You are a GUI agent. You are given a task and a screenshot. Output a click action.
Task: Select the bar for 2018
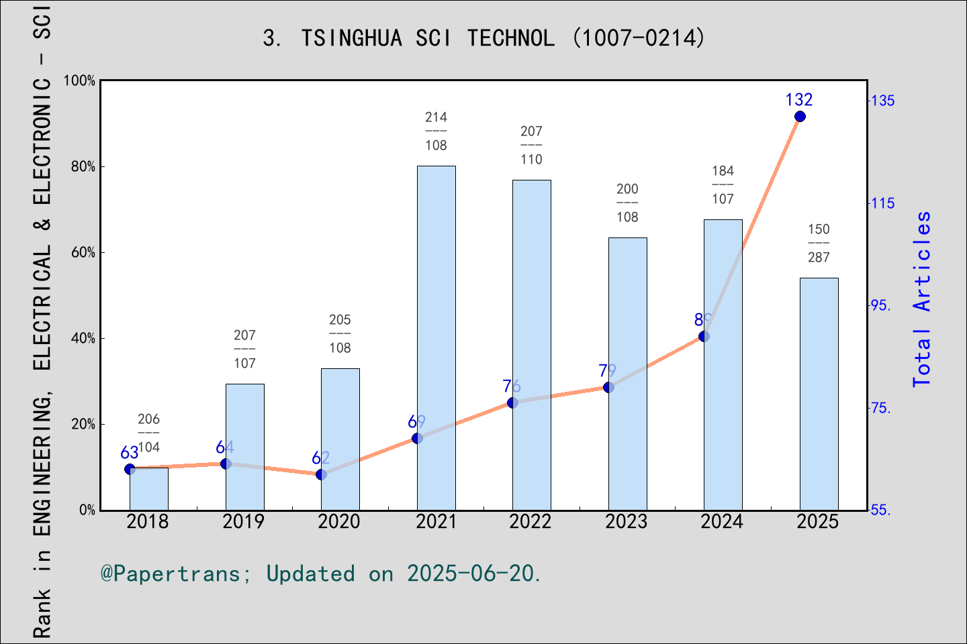pos(148,489)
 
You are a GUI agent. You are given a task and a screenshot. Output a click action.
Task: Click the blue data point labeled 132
pos(800,117)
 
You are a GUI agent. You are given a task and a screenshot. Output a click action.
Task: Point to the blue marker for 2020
pos(321,474)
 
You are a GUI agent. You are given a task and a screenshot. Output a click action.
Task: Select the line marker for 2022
pos(512,402)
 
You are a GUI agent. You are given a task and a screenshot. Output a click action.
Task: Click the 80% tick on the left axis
pos(83,167)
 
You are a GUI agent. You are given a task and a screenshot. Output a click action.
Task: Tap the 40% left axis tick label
pos(83,339)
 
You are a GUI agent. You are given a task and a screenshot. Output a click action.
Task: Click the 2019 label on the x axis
pos(244,522)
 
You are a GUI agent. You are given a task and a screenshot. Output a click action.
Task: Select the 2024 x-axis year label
pos(722,522)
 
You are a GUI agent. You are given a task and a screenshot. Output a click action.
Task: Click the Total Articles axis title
pos(922,299)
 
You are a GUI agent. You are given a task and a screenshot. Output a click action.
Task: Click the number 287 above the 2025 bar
pos(819,258)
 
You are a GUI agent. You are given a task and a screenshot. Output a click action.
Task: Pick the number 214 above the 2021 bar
pos(436,117)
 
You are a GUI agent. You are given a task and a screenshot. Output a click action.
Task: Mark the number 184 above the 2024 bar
pos(723,171)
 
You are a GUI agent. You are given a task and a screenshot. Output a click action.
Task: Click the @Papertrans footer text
pos(320,574)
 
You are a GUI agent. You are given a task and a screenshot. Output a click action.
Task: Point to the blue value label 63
pos(130,453)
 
